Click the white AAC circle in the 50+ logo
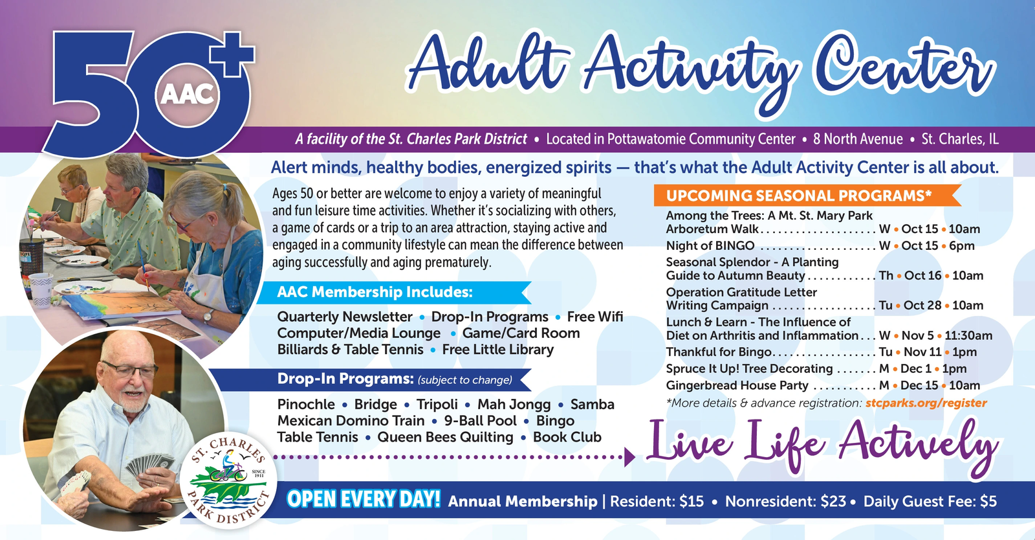point(187,95)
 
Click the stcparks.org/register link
point(926,403)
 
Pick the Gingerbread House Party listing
point(823,385)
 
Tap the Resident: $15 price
point(657,501)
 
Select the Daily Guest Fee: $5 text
point(930,501)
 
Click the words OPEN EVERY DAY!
point(364,499)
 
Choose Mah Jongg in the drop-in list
point(514,405)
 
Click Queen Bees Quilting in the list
point(445,437)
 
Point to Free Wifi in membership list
point(595,317)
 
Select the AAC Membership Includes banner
point(394,292)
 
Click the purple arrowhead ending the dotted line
point(630,457)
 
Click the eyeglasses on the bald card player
point(130,370)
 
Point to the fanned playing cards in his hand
point(149,465)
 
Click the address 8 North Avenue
point(858,139)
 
